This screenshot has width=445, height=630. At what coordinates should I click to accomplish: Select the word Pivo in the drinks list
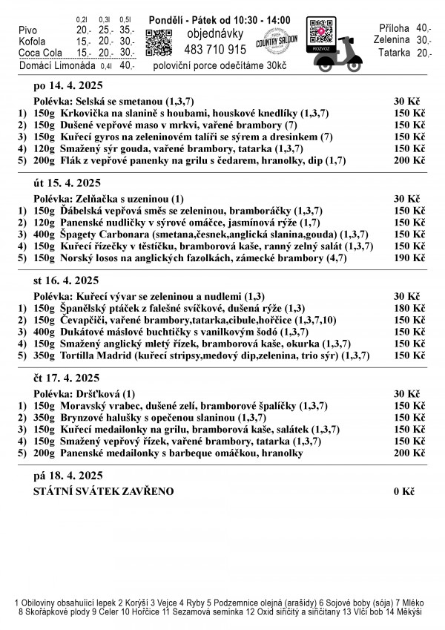pyautogui.click(x=27, y=30)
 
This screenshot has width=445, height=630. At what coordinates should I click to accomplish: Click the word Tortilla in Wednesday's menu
pyautogui.click(x=79, y=355)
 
